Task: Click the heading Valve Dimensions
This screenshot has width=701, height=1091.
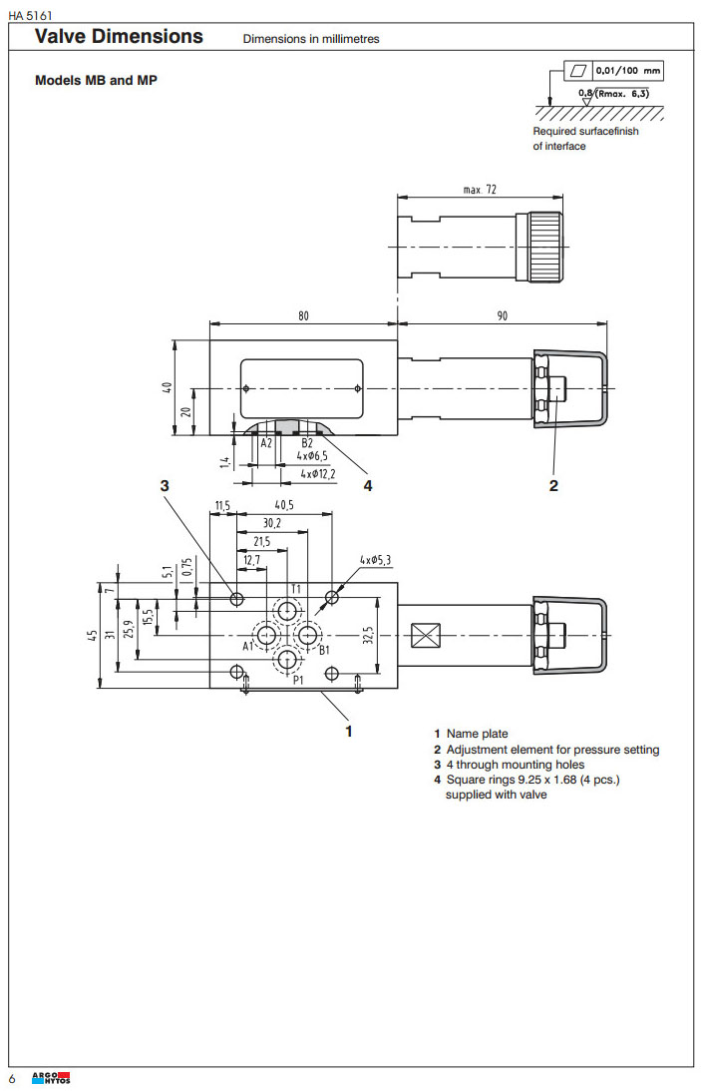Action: coord(119,37)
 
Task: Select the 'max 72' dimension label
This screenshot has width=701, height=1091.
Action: coord(480,190)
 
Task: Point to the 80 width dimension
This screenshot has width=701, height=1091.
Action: coord(303,315)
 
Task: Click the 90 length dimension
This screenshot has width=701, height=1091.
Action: coord(502,315)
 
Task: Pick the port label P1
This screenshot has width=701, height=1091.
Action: coord(297,680)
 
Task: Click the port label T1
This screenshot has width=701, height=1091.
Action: coord(296,589)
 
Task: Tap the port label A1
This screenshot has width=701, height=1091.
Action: coord(248,646)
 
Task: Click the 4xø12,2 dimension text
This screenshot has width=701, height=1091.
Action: coord(318,473)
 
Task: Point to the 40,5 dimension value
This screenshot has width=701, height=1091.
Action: coord(284,506)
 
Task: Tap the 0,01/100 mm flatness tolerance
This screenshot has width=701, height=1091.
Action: coord(627,72)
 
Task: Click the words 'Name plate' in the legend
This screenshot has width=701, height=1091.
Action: coord(477,734)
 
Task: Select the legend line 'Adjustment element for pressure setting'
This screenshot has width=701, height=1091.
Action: coord(552,750)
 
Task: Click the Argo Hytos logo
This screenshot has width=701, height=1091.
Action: coord(52,1078)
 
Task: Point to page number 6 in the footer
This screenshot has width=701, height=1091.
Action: coord(13,1079)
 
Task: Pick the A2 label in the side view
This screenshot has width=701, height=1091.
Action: coord(266,442)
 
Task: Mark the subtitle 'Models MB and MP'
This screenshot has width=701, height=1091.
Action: coord(96,80)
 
